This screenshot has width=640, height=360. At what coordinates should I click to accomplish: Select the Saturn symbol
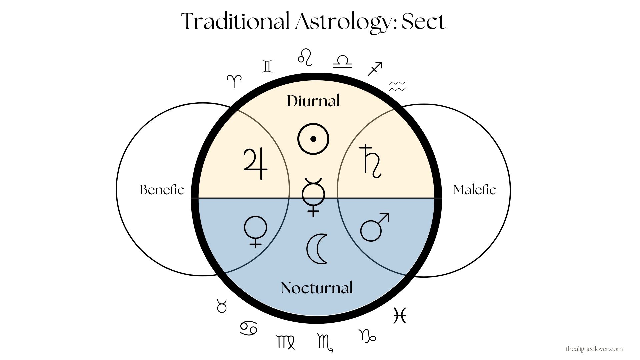[x=372, y=161]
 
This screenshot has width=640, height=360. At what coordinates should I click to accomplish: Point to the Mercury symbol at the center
[x=313, y=197]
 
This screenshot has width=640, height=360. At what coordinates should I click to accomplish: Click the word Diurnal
[x=313, y=101]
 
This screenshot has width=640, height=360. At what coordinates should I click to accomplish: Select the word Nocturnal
[x=317, y=288]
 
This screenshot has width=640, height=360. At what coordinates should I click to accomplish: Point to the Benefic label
[x=162, y=190]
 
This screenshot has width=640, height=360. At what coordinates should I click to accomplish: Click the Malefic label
[x=475, y=190]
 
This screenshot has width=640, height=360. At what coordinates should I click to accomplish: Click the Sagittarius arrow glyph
[x=375, y=69]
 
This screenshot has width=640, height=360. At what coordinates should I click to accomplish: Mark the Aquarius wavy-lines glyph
[x=398, y=86]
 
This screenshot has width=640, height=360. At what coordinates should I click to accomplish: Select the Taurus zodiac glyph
[x=222, y=306]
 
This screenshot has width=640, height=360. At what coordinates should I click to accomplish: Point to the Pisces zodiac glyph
[x=400, y=315]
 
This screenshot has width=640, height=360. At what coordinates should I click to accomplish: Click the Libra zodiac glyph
[x=343, y=62]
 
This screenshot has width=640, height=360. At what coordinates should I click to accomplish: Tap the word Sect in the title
[x=423, y=22]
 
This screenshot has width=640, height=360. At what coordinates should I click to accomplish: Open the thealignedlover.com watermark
[x=594, y=349]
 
